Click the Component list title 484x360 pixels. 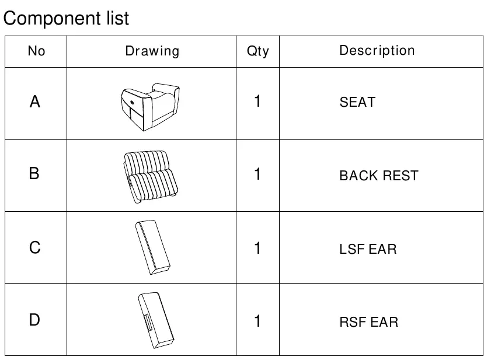66,19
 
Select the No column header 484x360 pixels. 36,51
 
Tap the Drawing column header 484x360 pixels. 152,51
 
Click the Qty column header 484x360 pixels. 257,51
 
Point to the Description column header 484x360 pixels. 377,51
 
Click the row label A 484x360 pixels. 35,102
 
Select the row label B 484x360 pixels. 34,173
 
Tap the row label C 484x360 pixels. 35,248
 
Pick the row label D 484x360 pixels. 34,320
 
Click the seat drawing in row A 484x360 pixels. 150,107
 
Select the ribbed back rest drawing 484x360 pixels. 151,177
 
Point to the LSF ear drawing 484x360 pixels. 153,247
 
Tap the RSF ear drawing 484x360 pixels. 156,320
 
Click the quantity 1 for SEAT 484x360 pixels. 257,102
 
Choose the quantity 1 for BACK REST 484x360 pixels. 257,174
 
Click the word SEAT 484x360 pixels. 357,102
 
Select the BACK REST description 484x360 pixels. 379,176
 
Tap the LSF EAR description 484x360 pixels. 368,249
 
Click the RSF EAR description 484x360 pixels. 369,322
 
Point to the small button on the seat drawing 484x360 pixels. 132,103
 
